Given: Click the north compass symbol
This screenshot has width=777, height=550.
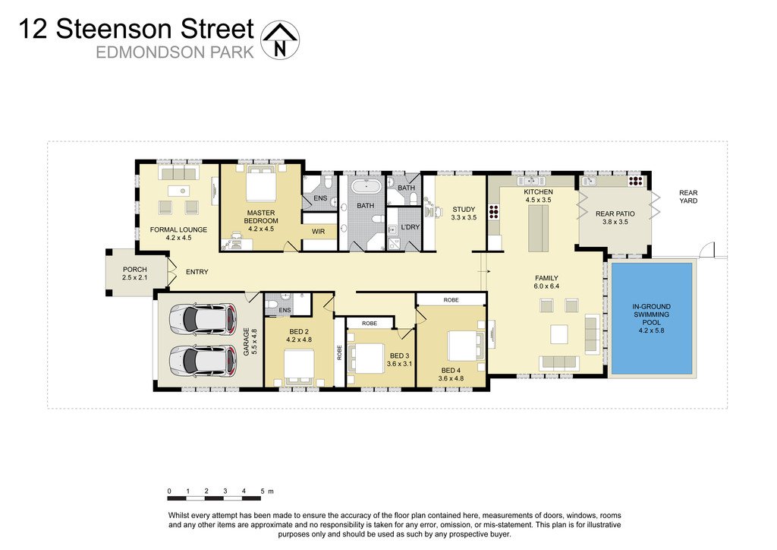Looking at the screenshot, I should click(280, 40).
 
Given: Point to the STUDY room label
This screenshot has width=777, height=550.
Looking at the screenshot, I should click(464, 210).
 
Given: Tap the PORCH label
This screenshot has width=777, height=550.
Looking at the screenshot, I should click(134, 270).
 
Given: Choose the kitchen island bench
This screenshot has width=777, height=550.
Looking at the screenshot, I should click(538, 228).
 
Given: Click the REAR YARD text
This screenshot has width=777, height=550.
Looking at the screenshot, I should click(688, 197).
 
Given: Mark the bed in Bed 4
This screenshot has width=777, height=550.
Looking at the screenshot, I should click(462, 346).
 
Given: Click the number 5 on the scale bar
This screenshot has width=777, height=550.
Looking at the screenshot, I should click(262, 491).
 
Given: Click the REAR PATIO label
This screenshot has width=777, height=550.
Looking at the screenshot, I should click(615, 214).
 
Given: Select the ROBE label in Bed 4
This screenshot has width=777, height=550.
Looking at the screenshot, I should click(451, 300).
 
